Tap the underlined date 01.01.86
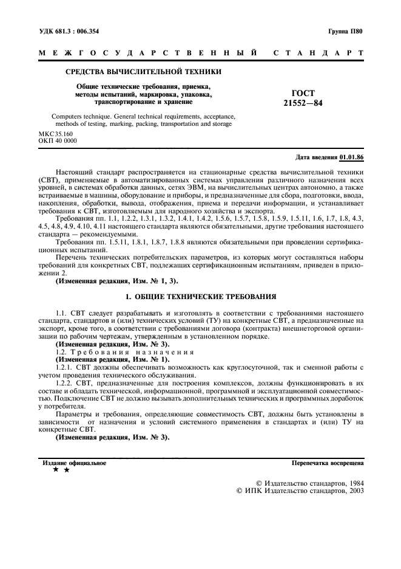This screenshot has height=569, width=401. point(351,157)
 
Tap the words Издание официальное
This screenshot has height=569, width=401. point(74,463)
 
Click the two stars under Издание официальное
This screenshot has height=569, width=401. point(61,470)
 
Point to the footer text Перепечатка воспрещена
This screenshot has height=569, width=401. point(328,463)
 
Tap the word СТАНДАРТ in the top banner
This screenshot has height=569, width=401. point(318,53)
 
